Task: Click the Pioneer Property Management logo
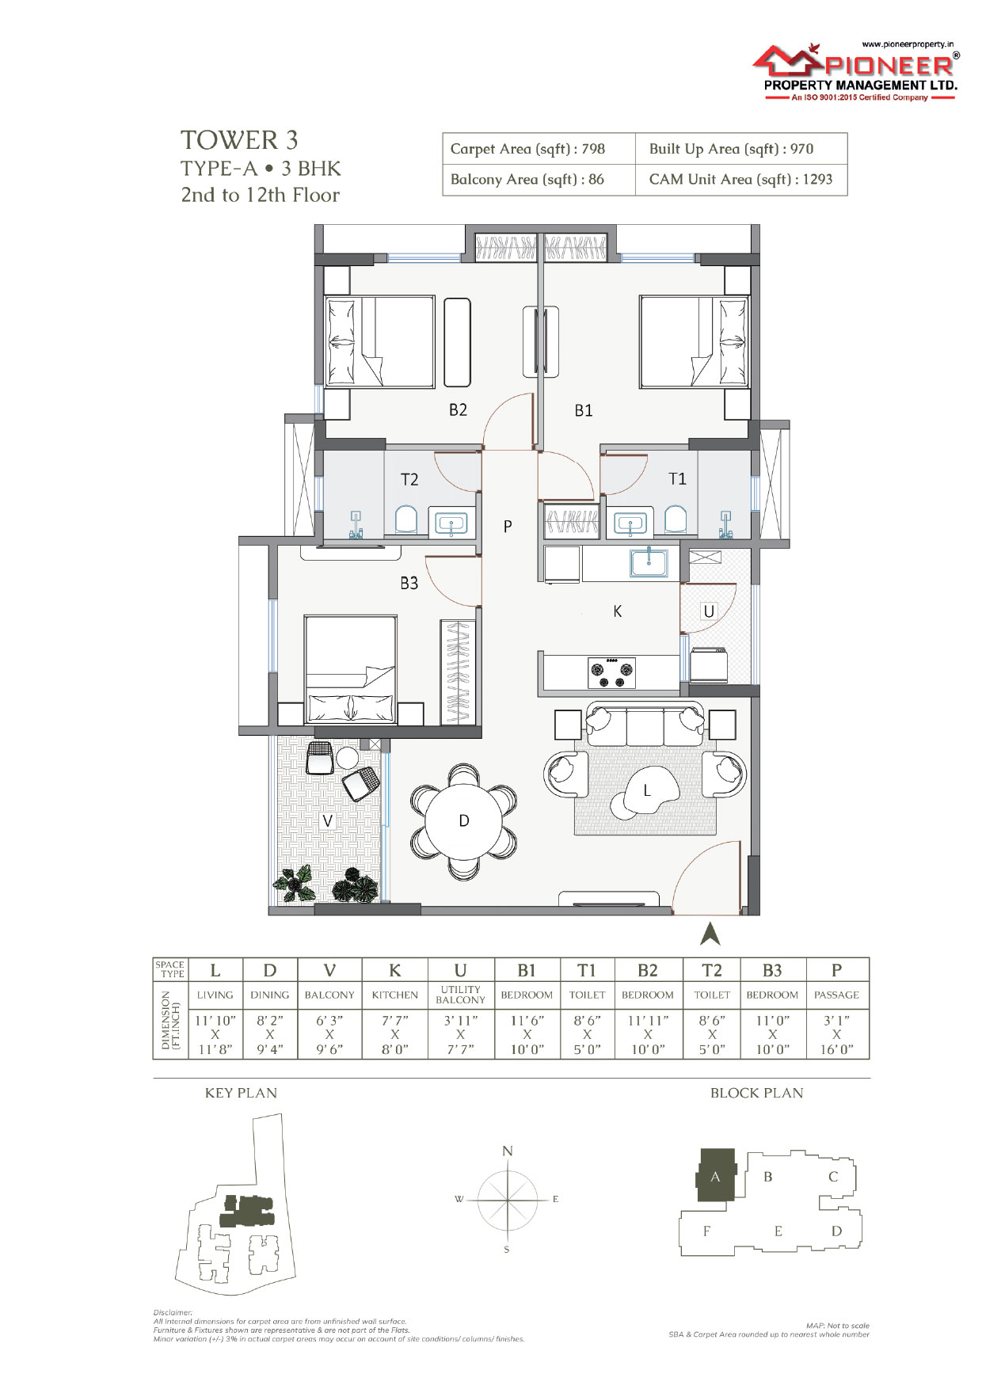(855, 71)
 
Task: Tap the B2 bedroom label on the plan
(458, 409)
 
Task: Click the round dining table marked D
(464, 821)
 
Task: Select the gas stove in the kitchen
(611, 673)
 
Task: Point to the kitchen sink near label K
(649, 563)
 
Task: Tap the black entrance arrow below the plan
(710, 934)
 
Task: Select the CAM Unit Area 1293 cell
(741, 180)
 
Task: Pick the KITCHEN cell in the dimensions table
(394, 995)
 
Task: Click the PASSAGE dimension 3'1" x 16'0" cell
(836, 1034)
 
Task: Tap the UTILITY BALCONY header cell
(460, 995)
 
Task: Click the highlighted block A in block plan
(716, 1176)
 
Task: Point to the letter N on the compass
(508, 1151)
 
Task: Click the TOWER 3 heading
(239, 140)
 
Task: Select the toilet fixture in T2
(405, 520)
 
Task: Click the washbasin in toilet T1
(630, 523)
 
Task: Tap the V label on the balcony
(328, 821)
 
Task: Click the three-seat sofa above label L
(645, 725)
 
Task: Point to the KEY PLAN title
(241, 1093)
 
